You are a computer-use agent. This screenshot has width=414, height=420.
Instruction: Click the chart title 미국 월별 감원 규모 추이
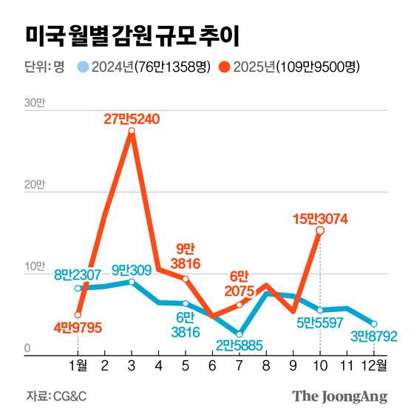(132, 35)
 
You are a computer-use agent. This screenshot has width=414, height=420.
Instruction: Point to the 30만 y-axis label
(34, 103)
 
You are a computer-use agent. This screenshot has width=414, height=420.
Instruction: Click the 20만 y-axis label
(34, 185)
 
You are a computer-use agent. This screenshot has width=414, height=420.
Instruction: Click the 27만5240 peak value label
(132, 118)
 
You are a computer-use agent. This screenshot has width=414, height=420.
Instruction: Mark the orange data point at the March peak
(132, 132)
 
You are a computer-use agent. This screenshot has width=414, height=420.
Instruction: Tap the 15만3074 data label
(320, 219)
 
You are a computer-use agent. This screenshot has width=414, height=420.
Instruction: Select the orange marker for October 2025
(319, 231)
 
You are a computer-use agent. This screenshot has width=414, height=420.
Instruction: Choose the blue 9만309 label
(132, 270)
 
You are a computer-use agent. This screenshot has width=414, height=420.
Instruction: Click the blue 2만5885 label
(240, 345)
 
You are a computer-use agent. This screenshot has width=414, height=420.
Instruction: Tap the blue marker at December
(374, 324)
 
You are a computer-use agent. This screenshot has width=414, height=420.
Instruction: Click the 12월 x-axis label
(373, 365)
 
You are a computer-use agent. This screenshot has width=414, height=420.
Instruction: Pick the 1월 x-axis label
(77, 365)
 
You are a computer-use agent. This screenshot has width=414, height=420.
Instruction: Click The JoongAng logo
(339, 396)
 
